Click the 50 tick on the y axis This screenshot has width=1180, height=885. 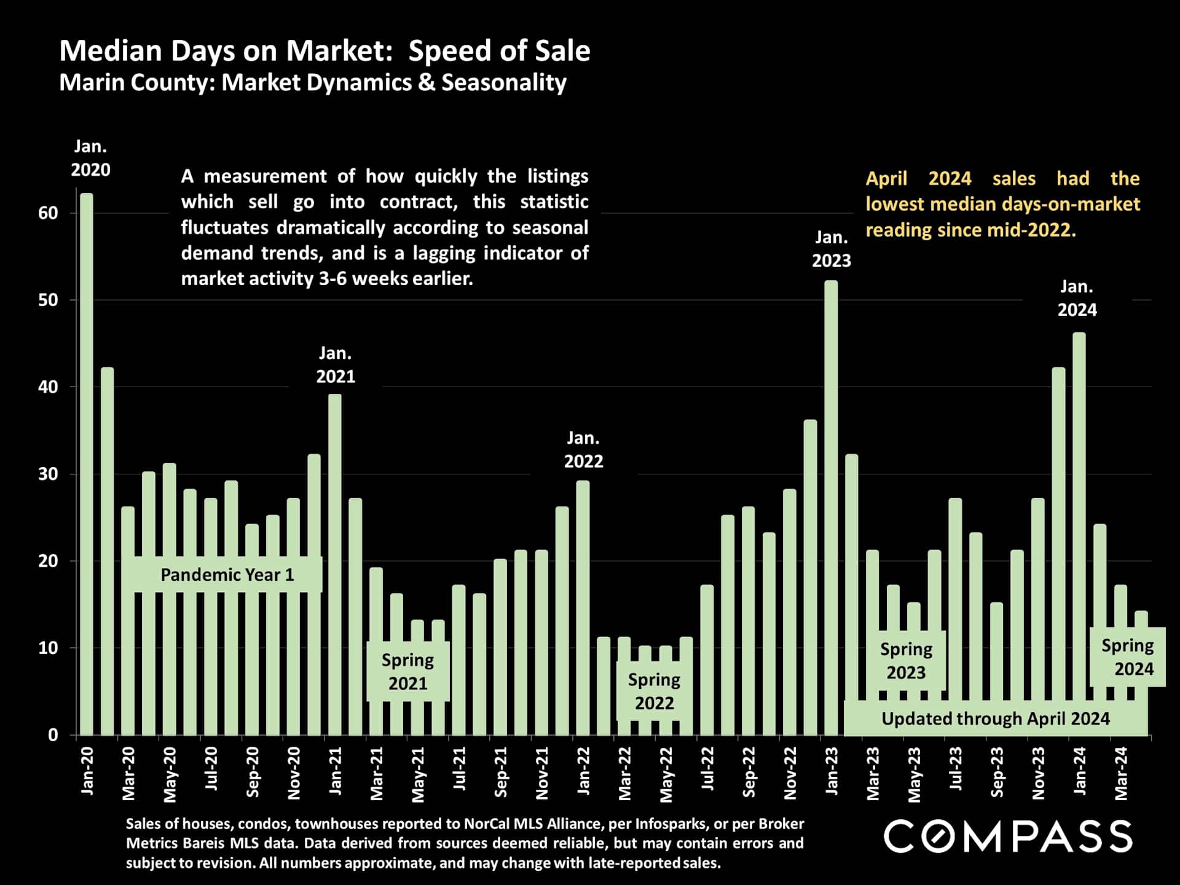pyautogui.click(x=48, y=300)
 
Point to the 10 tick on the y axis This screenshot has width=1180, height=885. pyautogui.click(x=48, y=648)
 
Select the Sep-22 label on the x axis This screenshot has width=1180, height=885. pyautogui.click(x=749, y=772)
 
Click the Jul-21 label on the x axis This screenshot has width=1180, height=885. pyautogui.click(x=459, y=768)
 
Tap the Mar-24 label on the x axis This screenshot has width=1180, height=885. pyautogui.click(x=1121, y=773)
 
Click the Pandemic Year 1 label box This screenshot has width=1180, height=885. pyautogui.click(x=227, y=575)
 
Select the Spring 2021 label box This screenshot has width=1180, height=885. pyautogui.click(x=407, y=671)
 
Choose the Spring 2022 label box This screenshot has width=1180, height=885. pyautogui.click(x=654, y=691)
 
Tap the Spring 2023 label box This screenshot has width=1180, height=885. pyautogui.click(x=906, y=661)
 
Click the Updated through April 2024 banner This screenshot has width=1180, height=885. pyautogui.click(x=995, y=718)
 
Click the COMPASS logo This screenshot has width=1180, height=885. pyautogui.click(x=1008, y=836)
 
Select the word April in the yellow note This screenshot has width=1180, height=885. pyautogui.click(x=886, y=179)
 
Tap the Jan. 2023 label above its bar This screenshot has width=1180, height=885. pyautogui.click(x=831, y=249)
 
